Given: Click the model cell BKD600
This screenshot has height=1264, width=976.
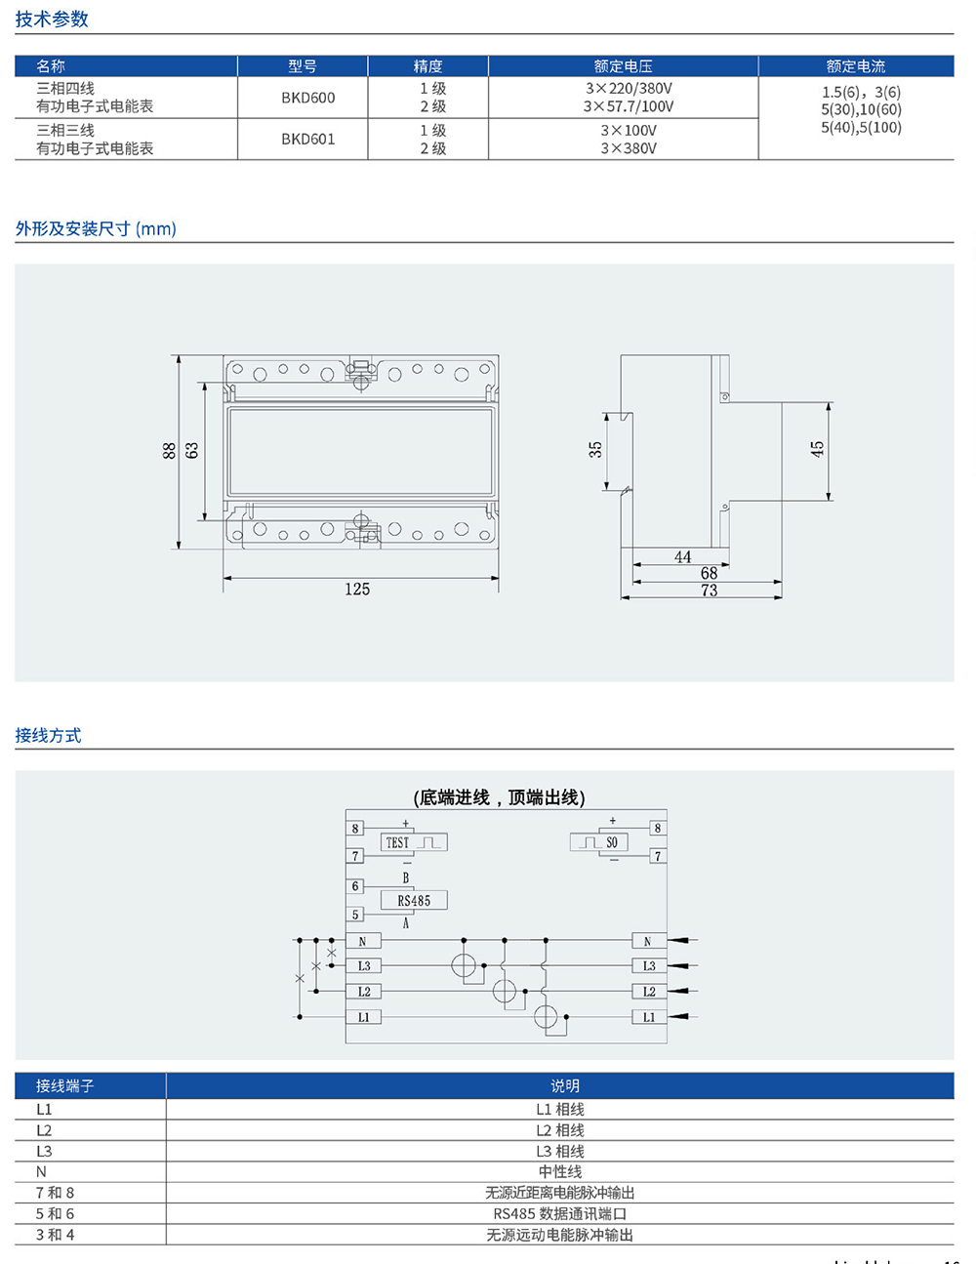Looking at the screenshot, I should (x=307, y=98).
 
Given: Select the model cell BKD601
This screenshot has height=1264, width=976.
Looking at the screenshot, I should (x=307, y=139).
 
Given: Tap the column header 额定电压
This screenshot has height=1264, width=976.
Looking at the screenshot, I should (x=623, y=66).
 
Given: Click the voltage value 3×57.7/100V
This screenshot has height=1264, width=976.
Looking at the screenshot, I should (x=629, y=106).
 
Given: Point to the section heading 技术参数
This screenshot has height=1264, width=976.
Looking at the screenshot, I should (x=52, y=20).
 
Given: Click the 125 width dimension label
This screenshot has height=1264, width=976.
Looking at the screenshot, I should (x=357, y=590).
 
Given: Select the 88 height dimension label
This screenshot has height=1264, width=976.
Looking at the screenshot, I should (x=169, y=450).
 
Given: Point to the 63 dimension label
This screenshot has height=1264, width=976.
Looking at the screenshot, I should (x=192, y=450).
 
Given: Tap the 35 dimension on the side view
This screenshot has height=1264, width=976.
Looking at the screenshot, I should (x=595, y=449).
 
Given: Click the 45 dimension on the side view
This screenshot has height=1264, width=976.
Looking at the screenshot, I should (x=817, y=449).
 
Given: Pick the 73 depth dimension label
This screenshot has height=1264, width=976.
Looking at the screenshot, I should (x=709, y=591).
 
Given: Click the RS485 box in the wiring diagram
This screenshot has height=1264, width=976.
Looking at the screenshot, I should (x=414, y=901).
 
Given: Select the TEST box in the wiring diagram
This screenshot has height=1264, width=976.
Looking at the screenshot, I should (x=413, y=842).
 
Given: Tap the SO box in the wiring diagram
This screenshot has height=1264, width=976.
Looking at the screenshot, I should (x=599, y=842).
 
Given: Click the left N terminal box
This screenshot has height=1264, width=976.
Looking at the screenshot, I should (x=362, y=942).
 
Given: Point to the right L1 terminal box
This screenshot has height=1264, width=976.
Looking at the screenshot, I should (x=649, y=1017).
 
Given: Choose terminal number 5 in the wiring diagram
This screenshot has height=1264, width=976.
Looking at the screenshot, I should (x=355, y=915).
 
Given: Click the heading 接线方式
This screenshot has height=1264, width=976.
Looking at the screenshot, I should (x=48, y=736).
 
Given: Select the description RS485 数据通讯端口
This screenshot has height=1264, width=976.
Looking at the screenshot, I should (x=560, y=1214).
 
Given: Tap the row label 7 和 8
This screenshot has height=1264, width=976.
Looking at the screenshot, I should (x=55, y=1193).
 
